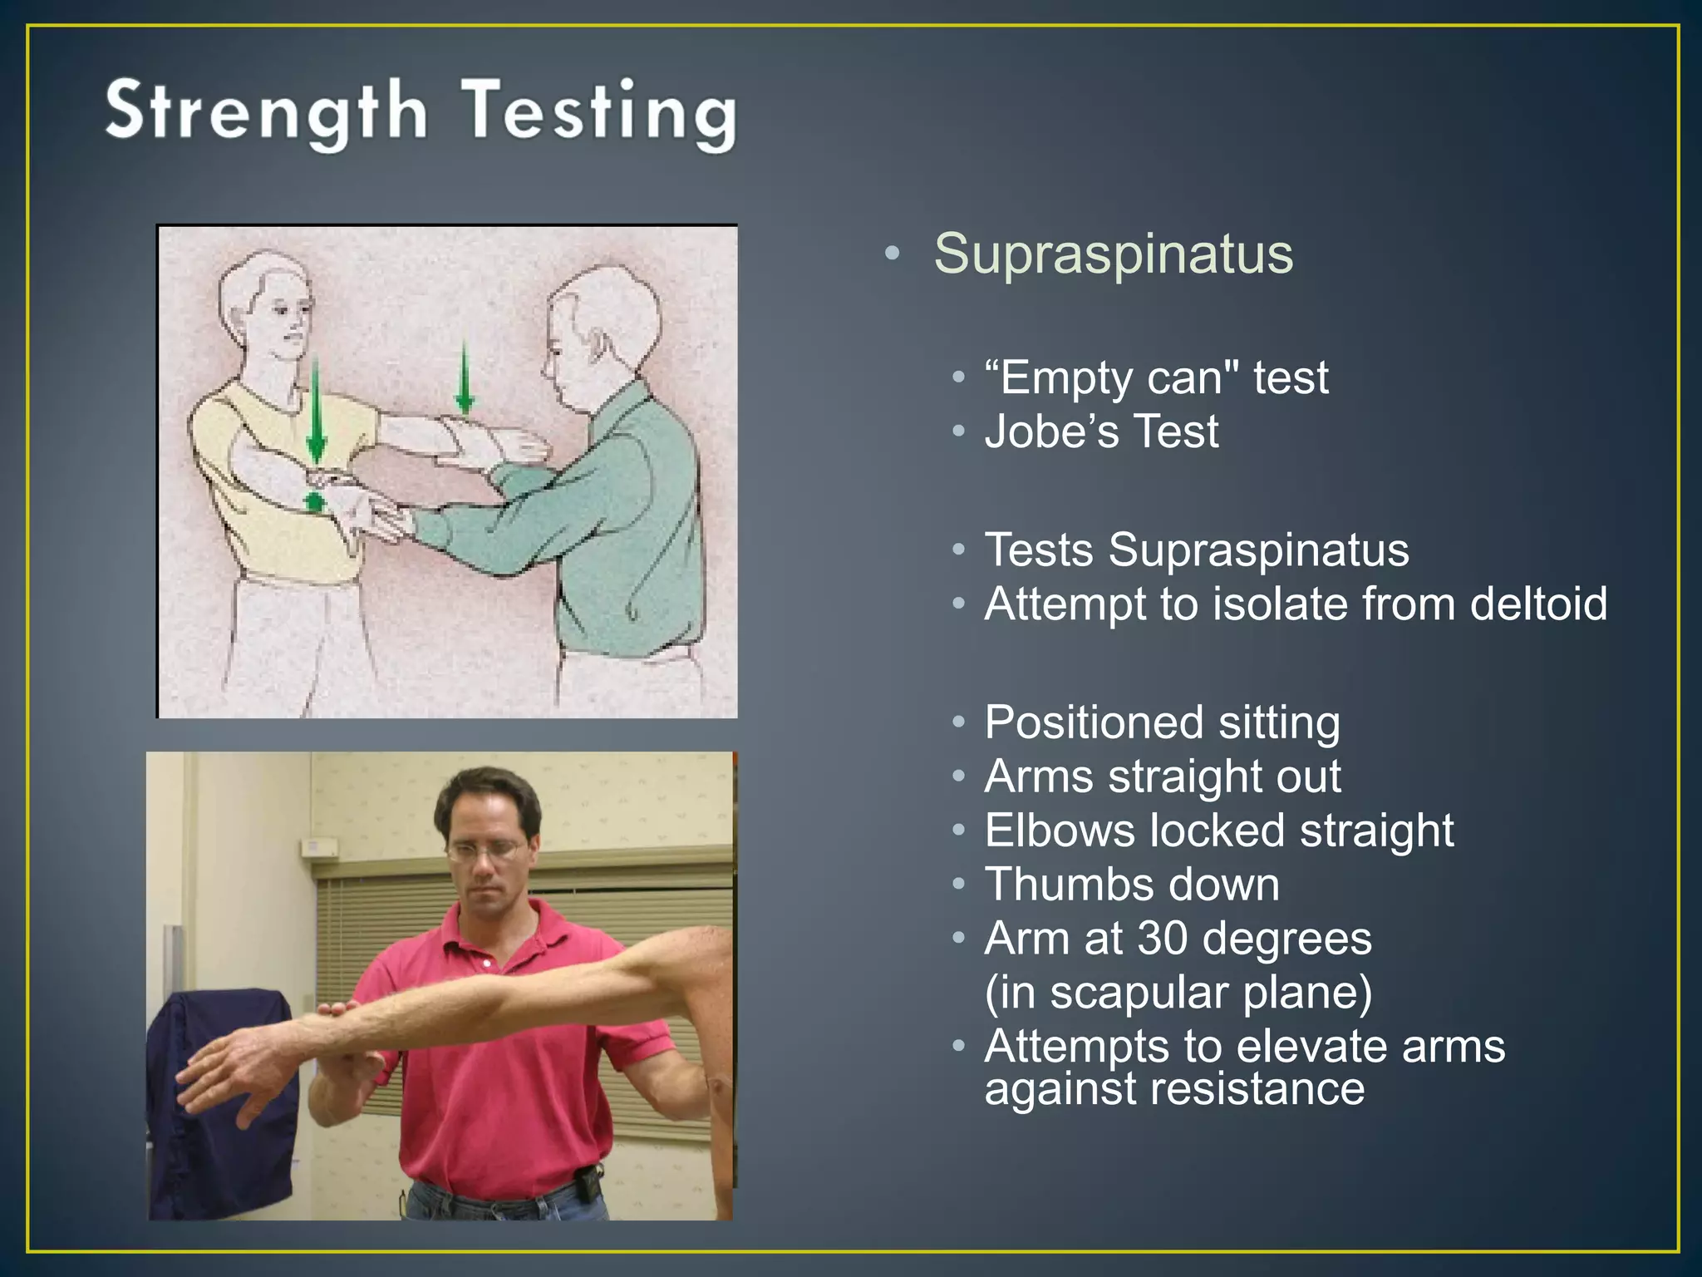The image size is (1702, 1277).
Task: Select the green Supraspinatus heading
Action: coord(1113,253)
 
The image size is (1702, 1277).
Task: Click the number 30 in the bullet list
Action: coord(1162,939)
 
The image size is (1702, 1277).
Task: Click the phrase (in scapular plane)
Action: coord(1178,993)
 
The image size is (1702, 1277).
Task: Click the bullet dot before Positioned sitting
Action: coord(959,722)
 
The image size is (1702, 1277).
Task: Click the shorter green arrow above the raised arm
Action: coord(465,378)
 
